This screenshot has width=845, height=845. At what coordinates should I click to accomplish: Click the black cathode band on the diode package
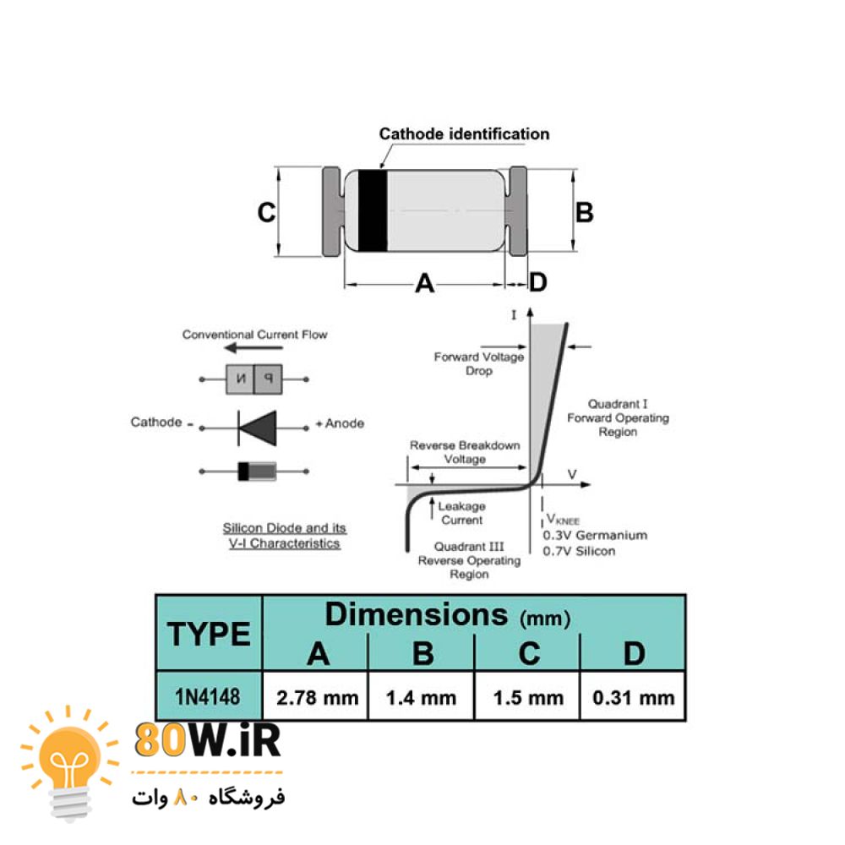click(373, 210)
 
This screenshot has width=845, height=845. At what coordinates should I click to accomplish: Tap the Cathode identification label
click(464, 134)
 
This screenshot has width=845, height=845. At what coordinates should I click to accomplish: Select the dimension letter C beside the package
click(266, 212)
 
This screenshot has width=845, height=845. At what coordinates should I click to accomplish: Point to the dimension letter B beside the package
click(584, 212)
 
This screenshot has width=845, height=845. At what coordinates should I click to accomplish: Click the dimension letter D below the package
click(537, 282)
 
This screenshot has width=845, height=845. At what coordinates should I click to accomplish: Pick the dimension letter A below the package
click(425, 282)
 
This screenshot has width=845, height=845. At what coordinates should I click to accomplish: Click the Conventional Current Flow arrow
click(253, 347)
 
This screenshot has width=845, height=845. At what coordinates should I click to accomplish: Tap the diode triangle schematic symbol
click(258, 428)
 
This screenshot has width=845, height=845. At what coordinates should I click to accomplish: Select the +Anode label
click(340, 423)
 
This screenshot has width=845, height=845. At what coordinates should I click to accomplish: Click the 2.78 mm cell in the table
click(316, 696)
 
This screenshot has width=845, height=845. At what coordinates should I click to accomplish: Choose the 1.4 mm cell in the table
click(422, 696)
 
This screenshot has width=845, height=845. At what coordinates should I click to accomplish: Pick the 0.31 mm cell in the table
click(633, 696)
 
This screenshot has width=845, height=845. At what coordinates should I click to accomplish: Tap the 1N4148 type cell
click(208, 696)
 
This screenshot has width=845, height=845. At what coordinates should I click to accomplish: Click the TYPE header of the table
click(209, 633)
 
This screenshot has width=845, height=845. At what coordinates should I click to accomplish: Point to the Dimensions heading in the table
click(416, 614)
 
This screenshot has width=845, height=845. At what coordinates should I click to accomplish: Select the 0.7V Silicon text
click(579, 551)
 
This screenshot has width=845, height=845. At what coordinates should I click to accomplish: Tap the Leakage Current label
click(462, 513)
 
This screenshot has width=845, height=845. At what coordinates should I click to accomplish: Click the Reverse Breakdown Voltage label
click(465, 452)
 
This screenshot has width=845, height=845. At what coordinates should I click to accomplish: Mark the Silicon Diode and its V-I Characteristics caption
click(285, 536)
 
